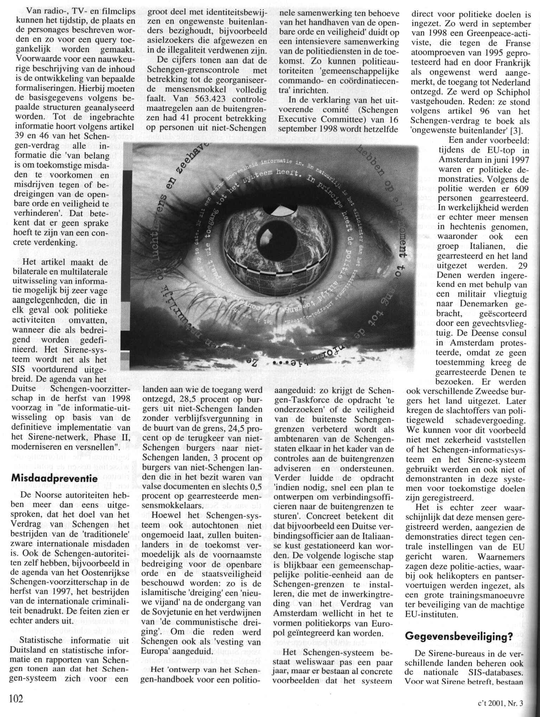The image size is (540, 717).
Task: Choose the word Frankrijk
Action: click(511, 63)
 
